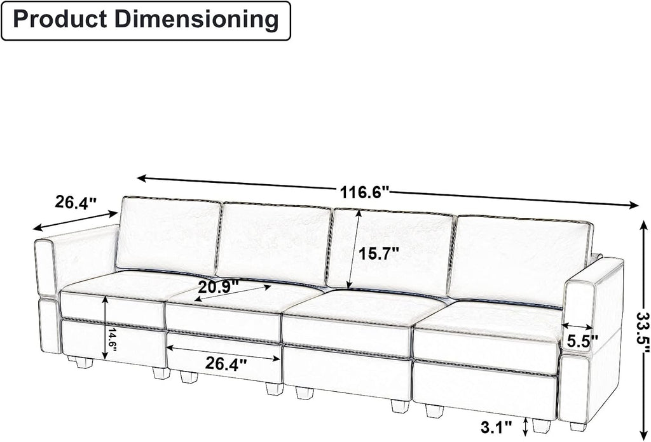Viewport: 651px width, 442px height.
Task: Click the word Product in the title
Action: point(59,20)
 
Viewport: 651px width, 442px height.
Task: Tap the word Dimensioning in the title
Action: point(195,20)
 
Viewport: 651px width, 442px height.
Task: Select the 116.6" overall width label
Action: point(365,192)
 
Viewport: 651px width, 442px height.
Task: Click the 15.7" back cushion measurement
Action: point(379,253)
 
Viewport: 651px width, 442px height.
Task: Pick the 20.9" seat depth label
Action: point(219,286)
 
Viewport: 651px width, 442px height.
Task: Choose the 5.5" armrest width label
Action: point(583,341)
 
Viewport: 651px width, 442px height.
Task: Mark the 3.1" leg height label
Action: point(497,427)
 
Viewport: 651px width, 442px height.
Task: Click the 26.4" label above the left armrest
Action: point(76,202)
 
